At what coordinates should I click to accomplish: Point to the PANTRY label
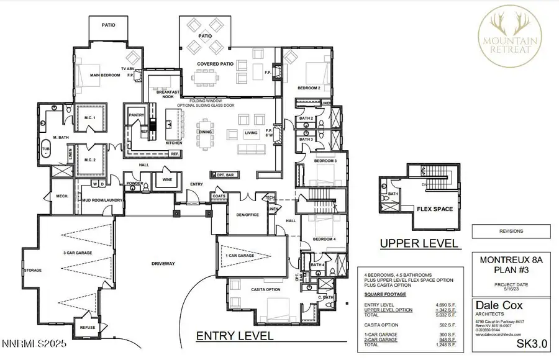click(136, 115)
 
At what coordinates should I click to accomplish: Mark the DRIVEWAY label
click(163, 264)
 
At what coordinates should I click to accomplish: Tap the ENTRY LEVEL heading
click(234, 336)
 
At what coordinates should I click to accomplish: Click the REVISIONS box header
click(511, 231)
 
